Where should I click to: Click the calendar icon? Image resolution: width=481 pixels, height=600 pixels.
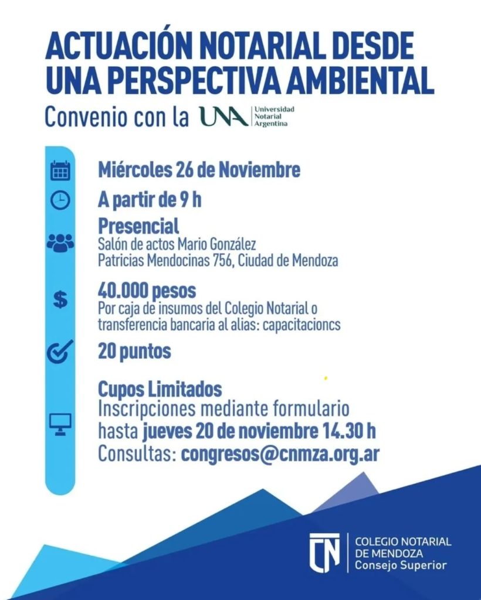(x=60, y=171)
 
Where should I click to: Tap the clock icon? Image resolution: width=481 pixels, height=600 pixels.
(x=60, y=200)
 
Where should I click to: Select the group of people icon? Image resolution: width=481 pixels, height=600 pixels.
(x=60, y=243)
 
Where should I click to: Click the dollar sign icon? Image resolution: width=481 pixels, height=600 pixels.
(x=60, y=300)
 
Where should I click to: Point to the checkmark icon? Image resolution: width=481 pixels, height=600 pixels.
(x=60, y=352)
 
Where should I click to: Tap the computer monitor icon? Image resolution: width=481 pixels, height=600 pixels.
(x=60, y=422)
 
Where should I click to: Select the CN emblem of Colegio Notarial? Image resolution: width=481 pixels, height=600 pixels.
(x=325, y=551)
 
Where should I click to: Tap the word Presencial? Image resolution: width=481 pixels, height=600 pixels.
(x=138, y=226)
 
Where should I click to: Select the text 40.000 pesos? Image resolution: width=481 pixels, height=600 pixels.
(x=147, y=291)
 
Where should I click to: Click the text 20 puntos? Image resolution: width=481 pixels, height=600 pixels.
(x=134, y=352)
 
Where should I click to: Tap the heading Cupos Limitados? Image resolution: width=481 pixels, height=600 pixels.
(x=160, y=388)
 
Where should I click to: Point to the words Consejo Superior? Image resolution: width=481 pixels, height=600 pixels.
(x=401, y=566)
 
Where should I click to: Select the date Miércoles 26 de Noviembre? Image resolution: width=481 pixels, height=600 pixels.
(x=199, y=171)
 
